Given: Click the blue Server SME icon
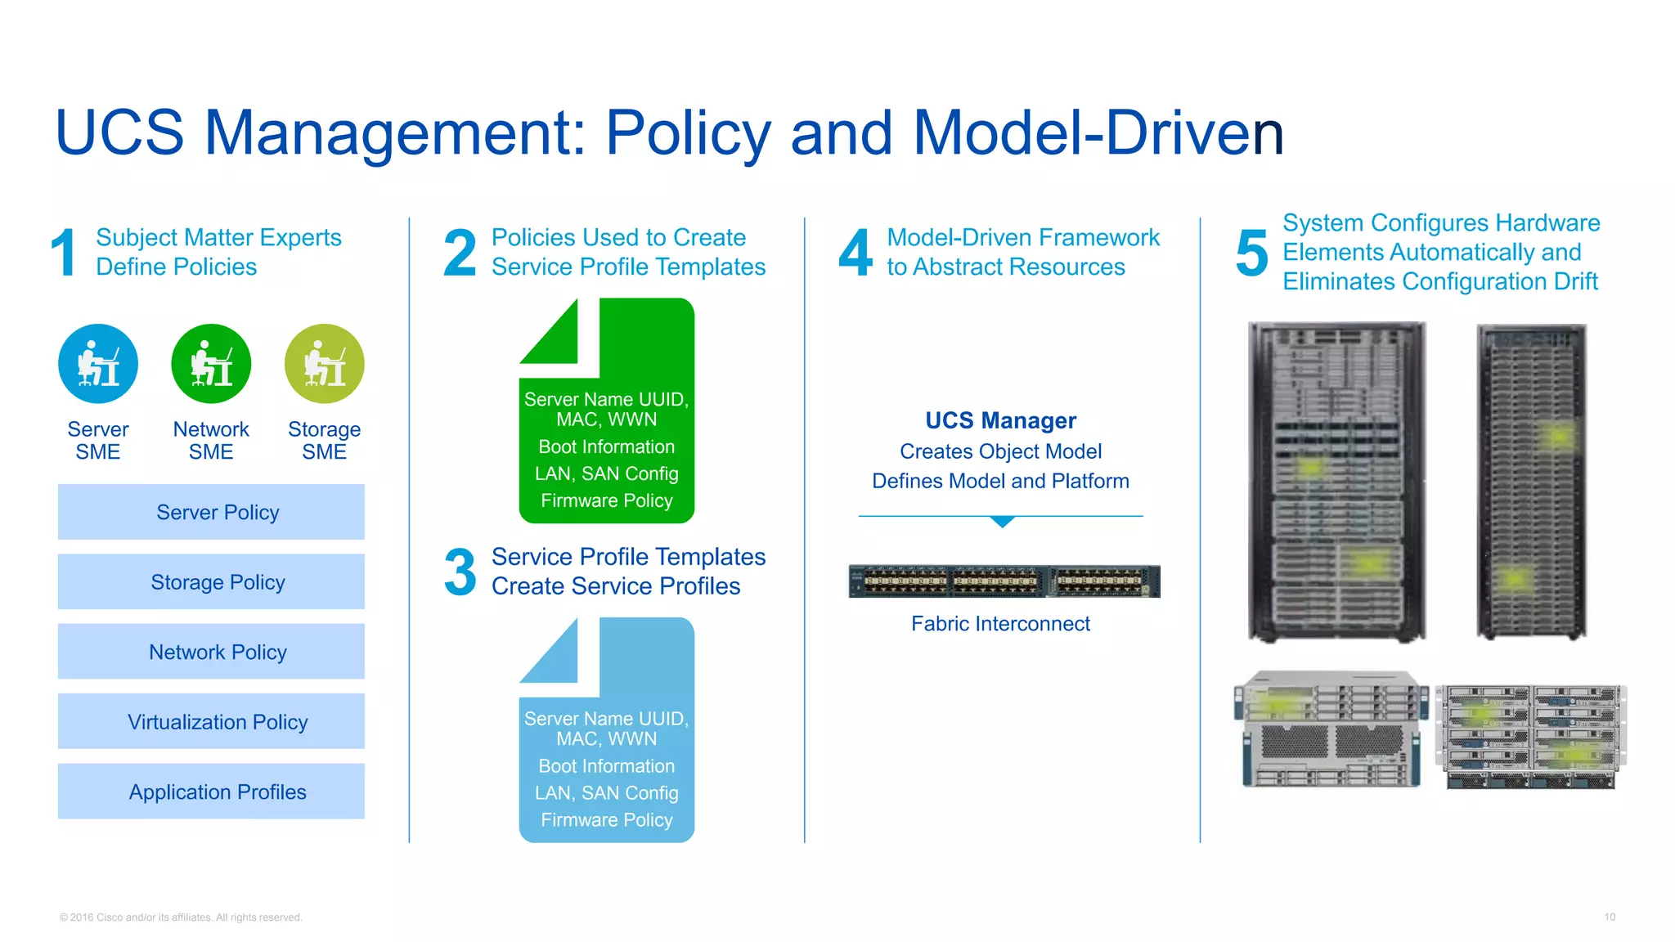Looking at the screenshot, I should tap(98, 364).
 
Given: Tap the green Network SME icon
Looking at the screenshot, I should tap(211, 364).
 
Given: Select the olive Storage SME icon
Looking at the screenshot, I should tap(324, 364).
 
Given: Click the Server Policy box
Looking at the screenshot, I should tap(211, 512).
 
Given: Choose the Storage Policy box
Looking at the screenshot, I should tap(211, 581).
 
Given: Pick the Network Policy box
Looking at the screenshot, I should tap(211, 652).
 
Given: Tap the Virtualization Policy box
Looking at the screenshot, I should tap(211, 721).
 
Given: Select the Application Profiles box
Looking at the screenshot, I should tap(211, 792).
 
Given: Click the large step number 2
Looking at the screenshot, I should tap(460, 253).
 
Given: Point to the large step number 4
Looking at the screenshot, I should tap(855, 253).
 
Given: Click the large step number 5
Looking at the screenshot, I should tap(1251, 253).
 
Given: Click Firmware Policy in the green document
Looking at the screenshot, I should tap(606, 500).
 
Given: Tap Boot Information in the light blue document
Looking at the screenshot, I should tap(606, 766).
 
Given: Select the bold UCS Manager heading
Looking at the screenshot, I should tap(1000, 420).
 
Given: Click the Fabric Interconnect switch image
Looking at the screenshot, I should tap(1004, 581).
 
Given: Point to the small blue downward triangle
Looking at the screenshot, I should tap(1002, 522).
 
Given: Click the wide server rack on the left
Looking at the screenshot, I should tap(1336, 482).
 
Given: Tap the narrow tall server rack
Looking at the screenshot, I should tap(1531, 482).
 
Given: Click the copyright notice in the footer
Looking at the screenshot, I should tap(181, 917).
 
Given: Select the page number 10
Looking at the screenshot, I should tap(1609, 917).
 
